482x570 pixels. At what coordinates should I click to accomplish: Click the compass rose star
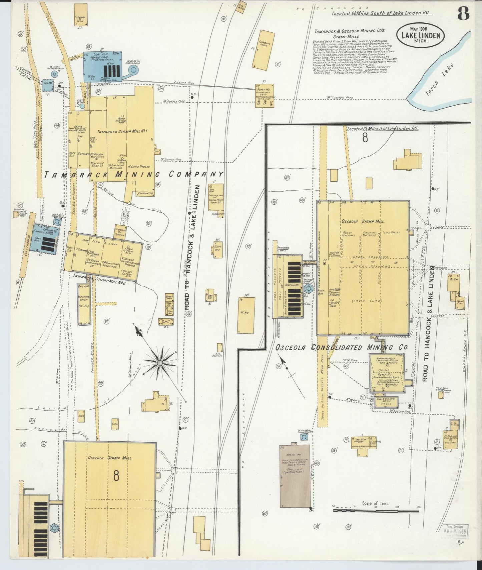[160, 362]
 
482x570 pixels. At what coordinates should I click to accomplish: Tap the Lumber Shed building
[264, 49]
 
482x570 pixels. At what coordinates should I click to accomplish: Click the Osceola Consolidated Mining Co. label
[342, 347]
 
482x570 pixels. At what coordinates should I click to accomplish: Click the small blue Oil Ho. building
[48, 85]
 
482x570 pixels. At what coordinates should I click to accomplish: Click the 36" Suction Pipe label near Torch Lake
[340, 98]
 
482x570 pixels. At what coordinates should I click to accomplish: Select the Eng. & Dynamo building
[386, 401]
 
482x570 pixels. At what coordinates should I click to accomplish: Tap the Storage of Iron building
[80, 15]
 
